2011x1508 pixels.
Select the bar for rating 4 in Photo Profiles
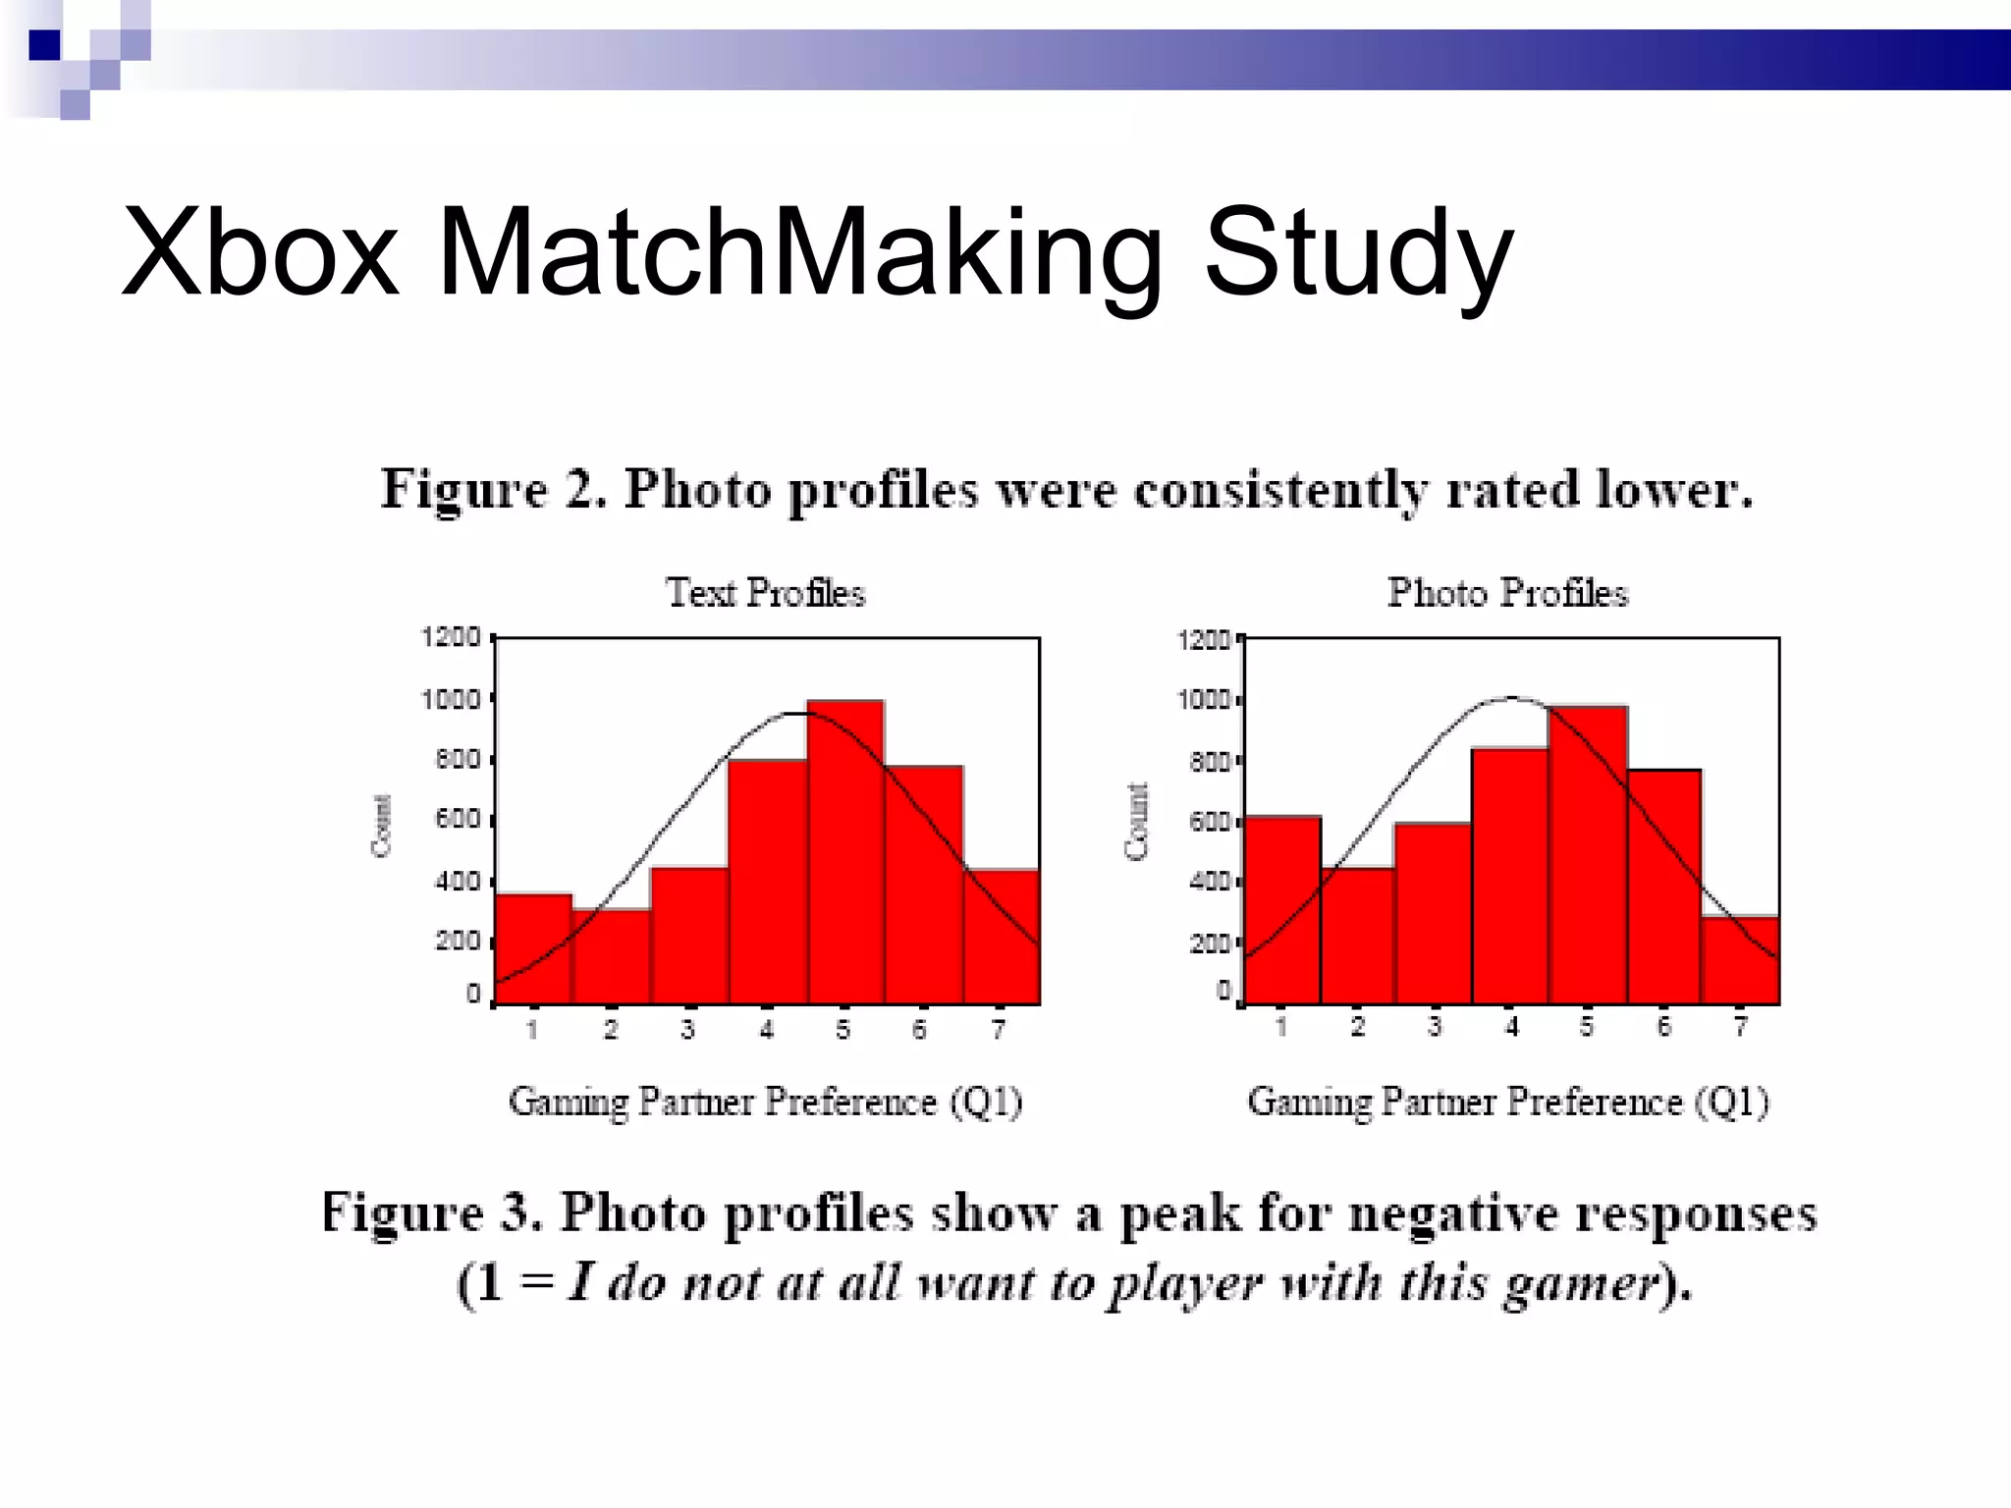(x=1510, y=875)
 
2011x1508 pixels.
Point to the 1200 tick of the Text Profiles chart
(x=451, y=637)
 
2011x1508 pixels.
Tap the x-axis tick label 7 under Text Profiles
(x=999, y=1030)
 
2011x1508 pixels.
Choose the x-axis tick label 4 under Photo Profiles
(x=1512, y=1027)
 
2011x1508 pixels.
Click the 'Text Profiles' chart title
(x=766, y=593)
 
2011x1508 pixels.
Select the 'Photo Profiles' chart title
(x=1507, y=593)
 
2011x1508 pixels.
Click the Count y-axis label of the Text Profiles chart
(x=382, y=825)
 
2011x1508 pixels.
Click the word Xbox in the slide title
(x=261, y=252)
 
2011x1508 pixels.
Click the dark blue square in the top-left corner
(x=45, y=45)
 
